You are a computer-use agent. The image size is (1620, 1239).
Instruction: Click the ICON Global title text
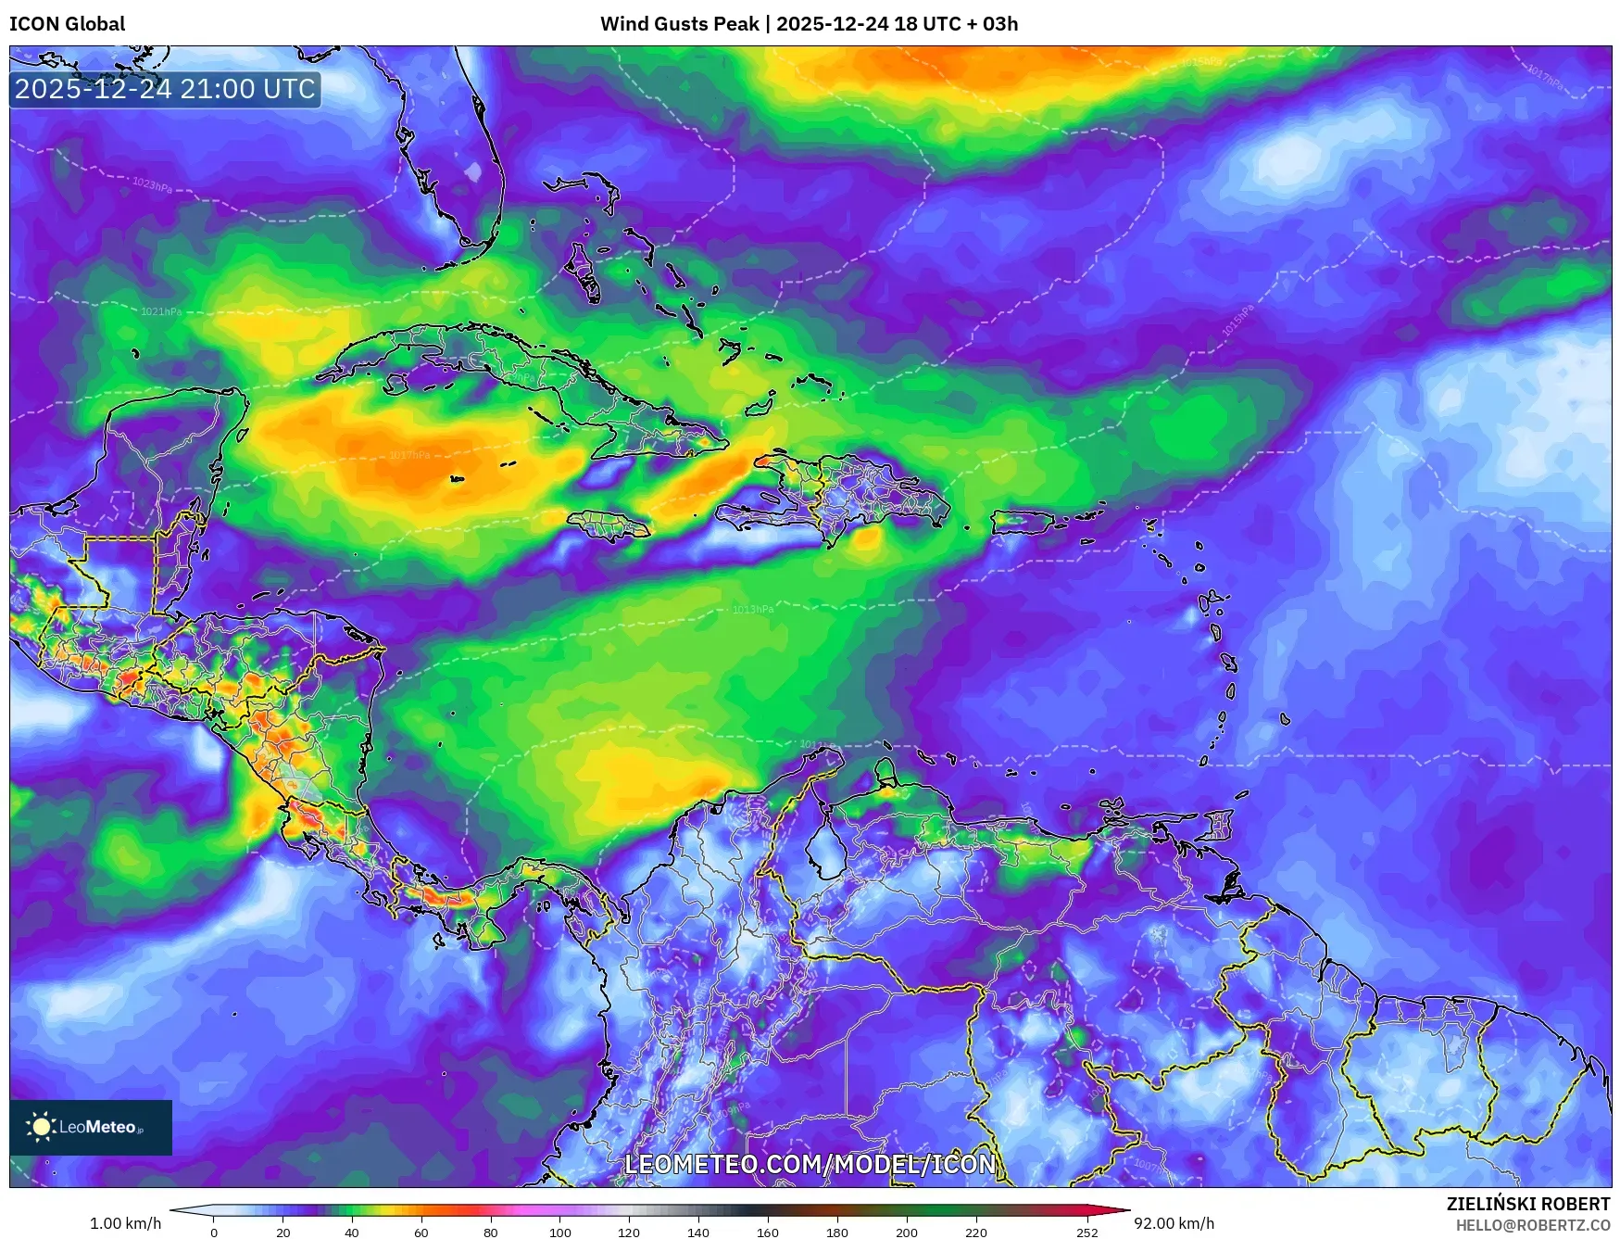click(67, 24)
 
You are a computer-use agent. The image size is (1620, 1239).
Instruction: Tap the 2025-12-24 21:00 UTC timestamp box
click(165, 89)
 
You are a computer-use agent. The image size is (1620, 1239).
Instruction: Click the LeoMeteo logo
click(90, 1127)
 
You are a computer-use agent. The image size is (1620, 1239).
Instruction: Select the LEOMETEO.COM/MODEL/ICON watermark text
click(810, 1164)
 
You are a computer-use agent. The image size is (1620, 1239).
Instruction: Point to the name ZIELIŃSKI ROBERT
click(1527, 1204)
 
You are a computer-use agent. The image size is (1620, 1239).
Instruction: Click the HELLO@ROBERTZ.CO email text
click(1532, 1225)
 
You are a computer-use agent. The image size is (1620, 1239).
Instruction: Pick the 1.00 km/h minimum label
click(125, 1223)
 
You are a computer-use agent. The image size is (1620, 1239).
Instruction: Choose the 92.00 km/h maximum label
click(1174, 1223)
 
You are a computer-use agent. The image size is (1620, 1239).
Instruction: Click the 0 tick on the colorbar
click(214, 1233)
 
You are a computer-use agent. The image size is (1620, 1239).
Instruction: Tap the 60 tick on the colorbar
click(421, 1233)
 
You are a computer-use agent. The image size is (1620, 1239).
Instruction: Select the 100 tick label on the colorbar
click(559, 1233)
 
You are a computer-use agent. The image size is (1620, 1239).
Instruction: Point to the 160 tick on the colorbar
click(767, 1233)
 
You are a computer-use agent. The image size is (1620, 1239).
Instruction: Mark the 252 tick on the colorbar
click(1086, 1233)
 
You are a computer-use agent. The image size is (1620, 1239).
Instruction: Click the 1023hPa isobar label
click(152, 185)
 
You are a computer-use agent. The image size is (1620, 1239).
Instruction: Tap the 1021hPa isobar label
click(161, 311)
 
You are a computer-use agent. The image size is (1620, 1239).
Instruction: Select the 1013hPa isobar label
click(752, 609)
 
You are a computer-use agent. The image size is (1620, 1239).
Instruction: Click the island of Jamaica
click(608, 526)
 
